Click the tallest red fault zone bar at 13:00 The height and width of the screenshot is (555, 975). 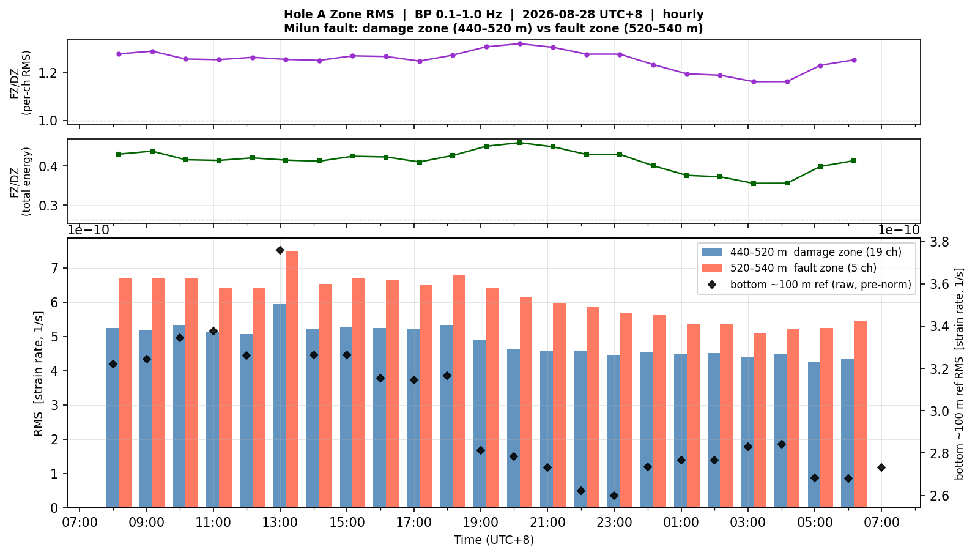[x=292, y=379]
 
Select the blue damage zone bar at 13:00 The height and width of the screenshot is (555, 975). [x=280, y=406]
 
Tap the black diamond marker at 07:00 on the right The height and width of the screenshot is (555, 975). [x=881, y=467]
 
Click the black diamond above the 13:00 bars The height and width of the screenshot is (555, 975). [x=280, y=250]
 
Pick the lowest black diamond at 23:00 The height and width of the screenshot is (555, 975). [x=614, y=496]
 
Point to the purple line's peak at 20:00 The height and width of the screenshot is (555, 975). [x=520, y=43]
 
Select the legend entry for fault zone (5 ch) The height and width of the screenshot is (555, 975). [x=788, y=267]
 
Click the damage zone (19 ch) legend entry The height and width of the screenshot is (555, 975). [x=801, y=252]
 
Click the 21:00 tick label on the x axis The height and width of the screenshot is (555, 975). [x=547, y=523]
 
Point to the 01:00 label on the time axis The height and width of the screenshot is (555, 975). [x=681, y=523]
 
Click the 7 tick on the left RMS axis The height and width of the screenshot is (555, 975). [x=54, y=268]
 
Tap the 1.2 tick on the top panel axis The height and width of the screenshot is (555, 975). [x=48, y=73]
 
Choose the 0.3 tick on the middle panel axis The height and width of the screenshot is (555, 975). [x=48, y=206]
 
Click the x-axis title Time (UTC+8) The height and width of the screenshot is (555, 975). [x=494, y=540]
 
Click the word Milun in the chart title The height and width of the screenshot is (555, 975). [x=300, y=29]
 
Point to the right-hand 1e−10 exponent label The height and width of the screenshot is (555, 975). [x=899, y=230]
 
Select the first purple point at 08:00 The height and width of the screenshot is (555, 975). [x=119, y=54]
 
